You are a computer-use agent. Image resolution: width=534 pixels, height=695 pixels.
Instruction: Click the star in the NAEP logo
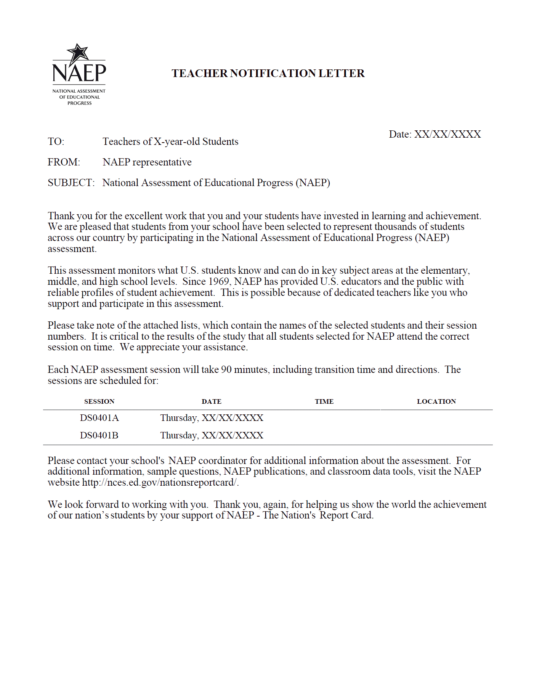click(78, 53)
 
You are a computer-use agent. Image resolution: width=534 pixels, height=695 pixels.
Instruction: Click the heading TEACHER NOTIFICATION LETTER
click(268, 73)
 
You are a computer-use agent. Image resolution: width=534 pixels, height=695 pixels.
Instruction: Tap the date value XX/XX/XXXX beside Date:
click(447, 134)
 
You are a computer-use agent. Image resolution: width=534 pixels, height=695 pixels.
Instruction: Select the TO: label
click(56, 142)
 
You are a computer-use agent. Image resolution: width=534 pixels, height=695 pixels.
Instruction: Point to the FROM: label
click(64, 162)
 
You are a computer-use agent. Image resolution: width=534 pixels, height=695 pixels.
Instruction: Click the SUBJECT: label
click(71, 183)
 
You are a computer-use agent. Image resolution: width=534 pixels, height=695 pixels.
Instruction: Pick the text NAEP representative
click(147, 162)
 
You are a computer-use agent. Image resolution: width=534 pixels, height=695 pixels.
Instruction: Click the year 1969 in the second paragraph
click(218, 282)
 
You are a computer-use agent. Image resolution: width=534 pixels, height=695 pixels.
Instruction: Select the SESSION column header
click(99, 401)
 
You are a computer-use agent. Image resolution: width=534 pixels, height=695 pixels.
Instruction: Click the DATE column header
click(212, 401)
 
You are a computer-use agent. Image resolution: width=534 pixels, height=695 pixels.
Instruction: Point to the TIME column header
click(324, 401)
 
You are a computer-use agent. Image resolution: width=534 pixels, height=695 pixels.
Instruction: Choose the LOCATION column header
click(436, 401)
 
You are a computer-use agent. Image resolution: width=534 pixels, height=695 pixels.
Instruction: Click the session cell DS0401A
click(99, 418)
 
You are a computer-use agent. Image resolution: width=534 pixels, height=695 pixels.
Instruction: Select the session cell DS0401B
click(99, 435)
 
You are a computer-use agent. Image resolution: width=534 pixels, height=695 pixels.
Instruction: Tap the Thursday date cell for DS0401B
click(212, 435)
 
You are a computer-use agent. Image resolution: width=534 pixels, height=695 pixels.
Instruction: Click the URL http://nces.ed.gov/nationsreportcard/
click(160, 483)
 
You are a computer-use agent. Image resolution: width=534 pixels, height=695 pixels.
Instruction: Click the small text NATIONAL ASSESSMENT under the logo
click(79, 91)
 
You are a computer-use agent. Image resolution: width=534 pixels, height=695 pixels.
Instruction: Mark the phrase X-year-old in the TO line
click(176, 142)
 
